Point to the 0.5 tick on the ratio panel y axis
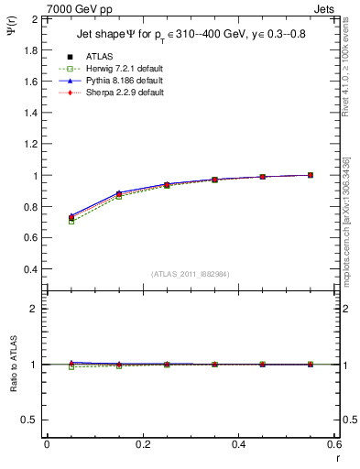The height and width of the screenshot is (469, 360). point(32,420)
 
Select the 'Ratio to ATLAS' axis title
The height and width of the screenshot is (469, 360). point(12,365)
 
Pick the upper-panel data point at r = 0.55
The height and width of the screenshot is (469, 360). point(311,175)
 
